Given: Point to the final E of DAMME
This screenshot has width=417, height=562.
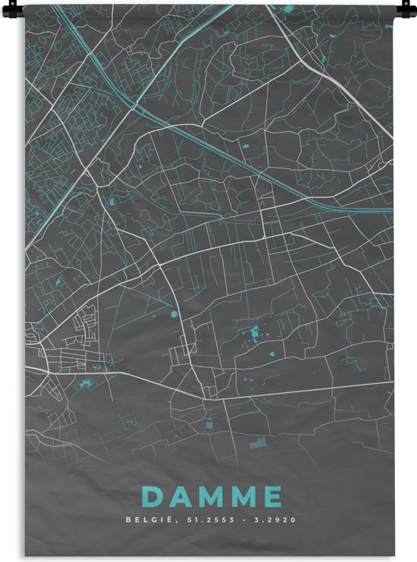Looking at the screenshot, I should [271, 497].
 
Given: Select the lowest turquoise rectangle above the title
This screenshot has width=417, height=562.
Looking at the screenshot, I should [261, 441].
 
